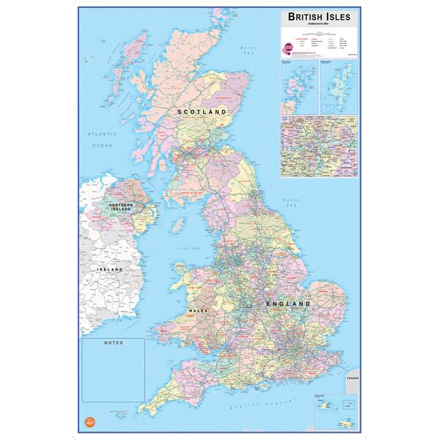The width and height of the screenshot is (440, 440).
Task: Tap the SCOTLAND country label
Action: click(x=199, y=110)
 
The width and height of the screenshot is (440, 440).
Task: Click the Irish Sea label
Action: click(x=181, y=247)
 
